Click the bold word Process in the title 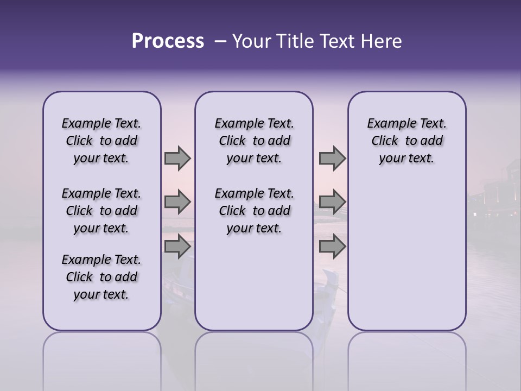click(168, 41)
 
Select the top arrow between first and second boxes click(177, 158)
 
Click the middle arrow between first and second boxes click(177, 202)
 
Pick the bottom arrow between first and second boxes click(177, 247)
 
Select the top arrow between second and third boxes click(332, 158)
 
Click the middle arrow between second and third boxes click(332, 202)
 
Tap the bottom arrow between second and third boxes click(332, 247)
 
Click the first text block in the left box click(101, 141)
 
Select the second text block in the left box click(101, 211)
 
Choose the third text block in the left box click(101, 277)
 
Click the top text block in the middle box click(254, 141)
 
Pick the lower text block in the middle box click(254, 211)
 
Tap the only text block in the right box click(406, 141)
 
